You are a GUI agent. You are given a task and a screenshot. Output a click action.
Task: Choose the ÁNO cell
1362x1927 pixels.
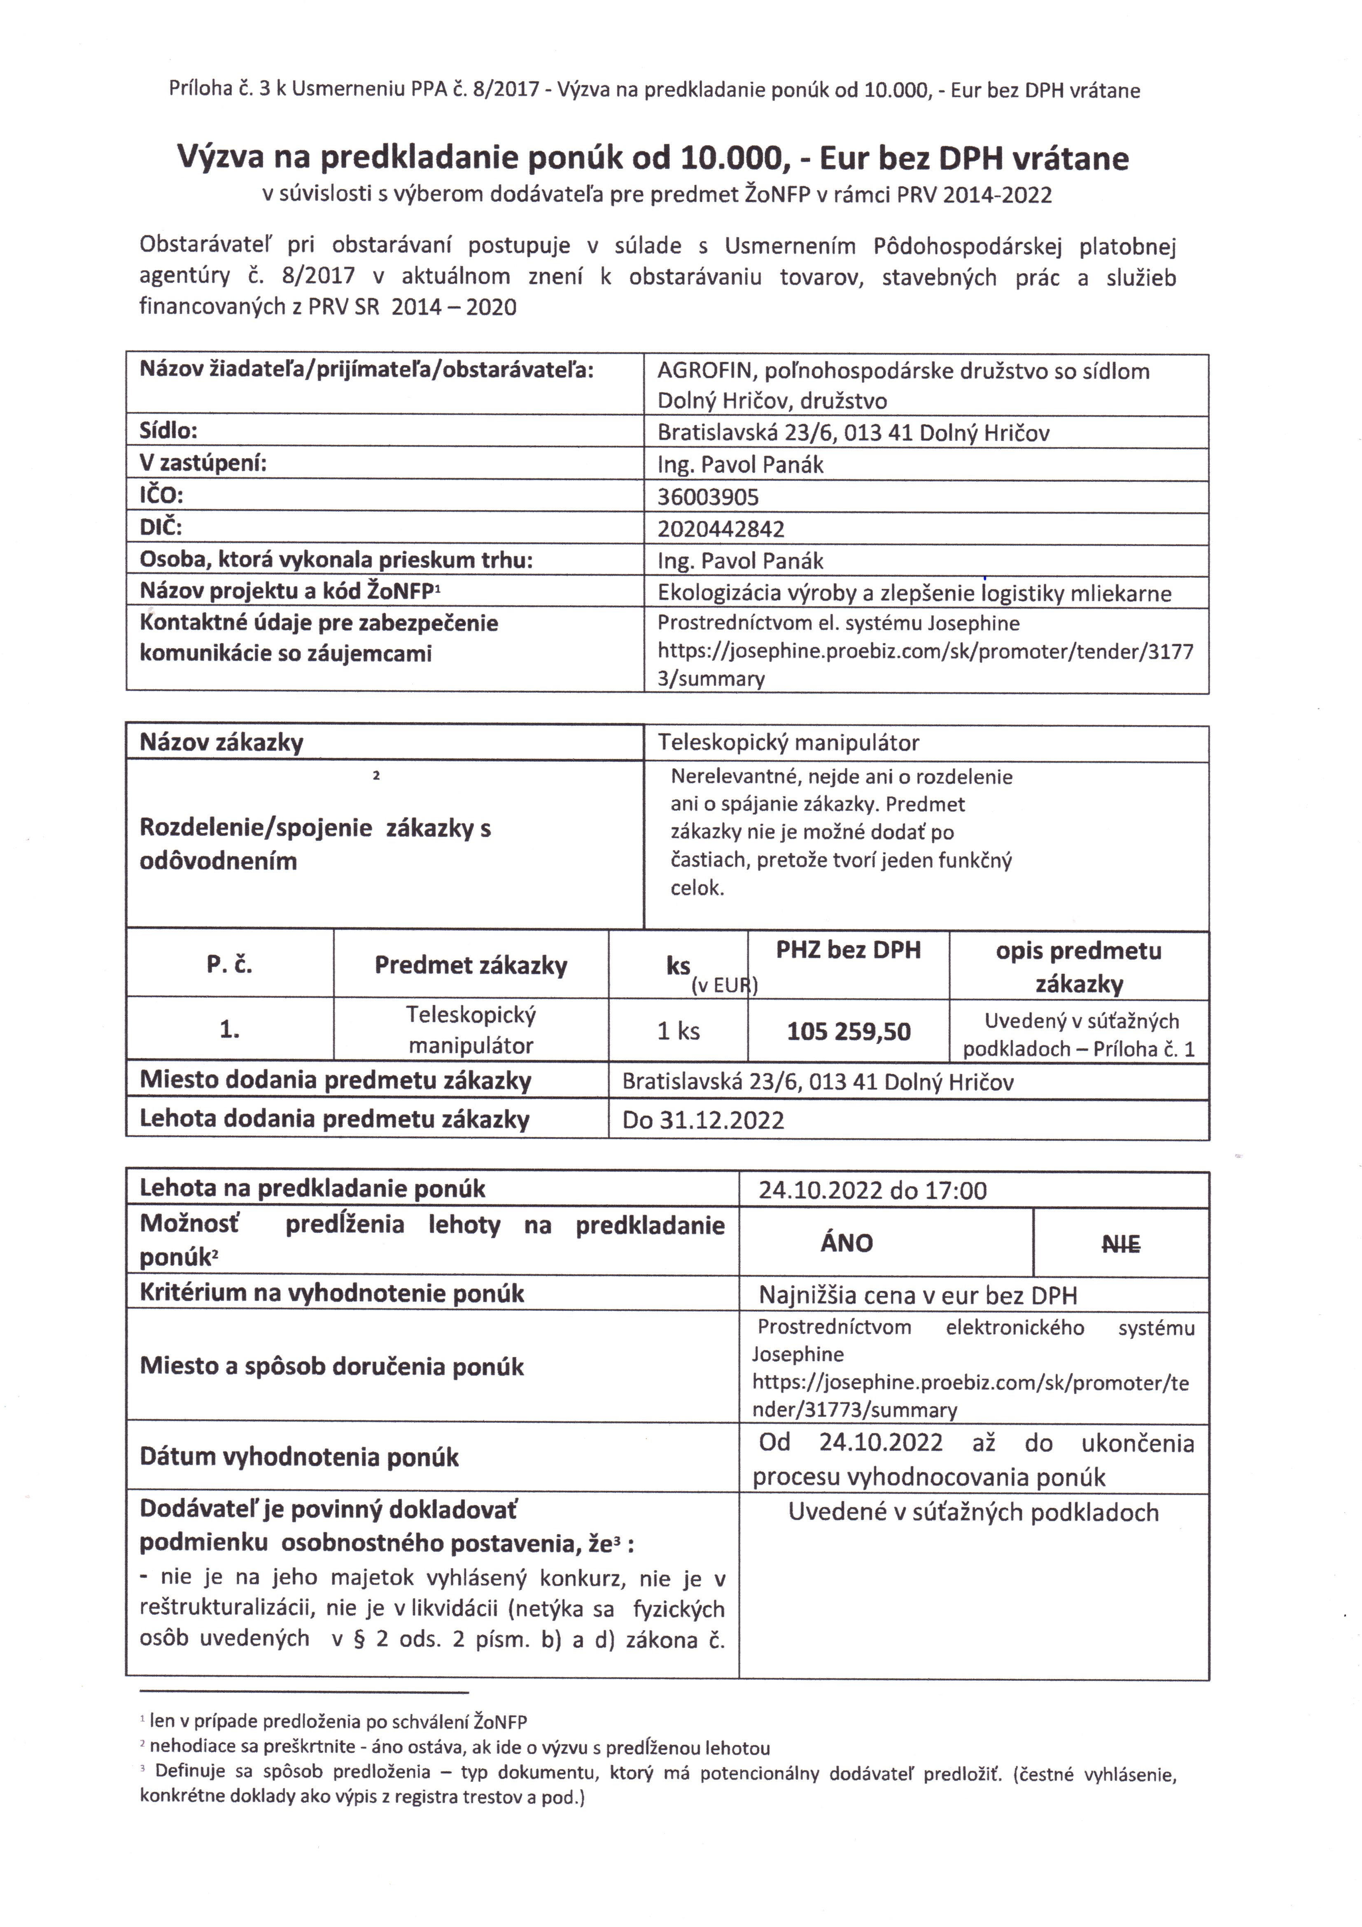[847, 1243]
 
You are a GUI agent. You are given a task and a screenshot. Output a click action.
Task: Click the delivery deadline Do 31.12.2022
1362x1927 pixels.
[703, 1120]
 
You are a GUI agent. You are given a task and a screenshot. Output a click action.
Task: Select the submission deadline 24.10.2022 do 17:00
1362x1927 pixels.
[873, 1190]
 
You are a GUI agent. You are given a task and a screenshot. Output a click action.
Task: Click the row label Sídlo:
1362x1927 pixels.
[168, 432]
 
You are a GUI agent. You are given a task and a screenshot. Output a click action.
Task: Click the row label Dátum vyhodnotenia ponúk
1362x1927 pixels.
[299, 1457]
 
